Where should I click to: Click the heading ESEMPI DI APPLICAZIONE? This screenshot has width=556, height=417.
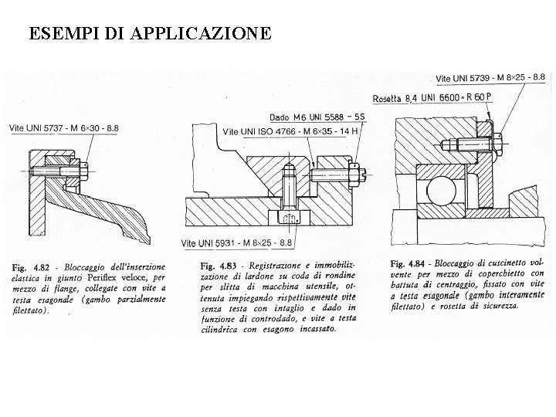tap(150, 33)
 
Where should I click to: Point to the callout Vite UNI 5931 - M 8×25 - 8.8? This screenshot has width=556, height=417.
tap(236, 243)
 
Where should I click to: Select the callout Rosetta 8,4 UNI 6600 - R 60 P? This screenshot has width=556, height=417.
tap(432, 97)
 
